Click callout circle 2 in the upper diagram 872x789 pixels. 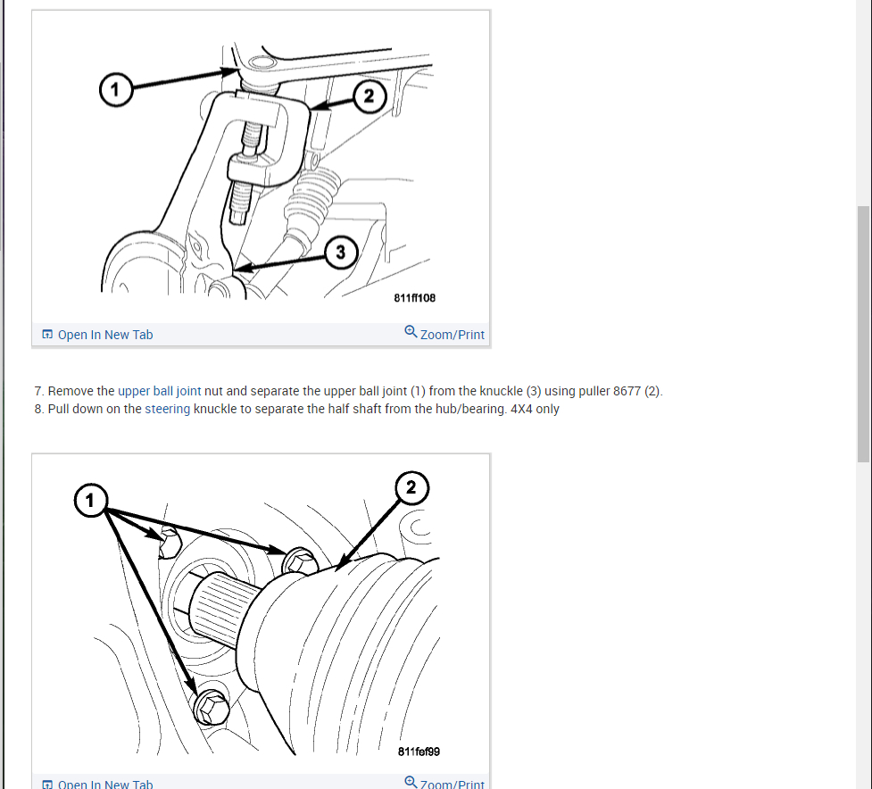tap(370, 96)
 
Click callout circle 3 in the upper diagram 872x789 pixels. tap(341, 252)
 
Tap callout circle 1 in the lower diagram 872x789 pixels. tap(90, 501)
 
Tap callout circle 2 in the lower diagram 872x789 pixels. tap(411, 487)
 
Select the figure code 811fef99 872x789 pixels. tap(419, 752)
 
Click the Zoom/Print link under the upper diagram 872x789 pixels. tap(452, 335)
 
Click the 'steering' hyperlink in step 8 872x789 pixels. tap(167, 410)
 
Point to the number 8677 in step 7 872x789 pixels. tap(627, 391)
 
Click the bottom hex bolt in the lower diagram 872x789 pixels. tap(212, 707)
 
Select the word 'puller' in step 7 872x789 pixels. tap(594, 391)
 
